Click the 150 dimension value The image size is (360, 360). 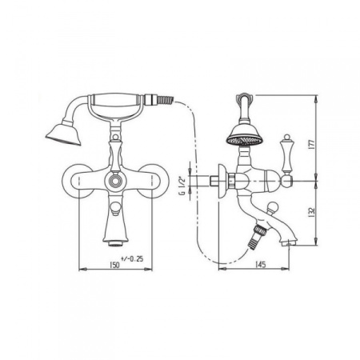114,265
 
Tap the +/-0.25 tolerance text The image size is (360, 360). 132,258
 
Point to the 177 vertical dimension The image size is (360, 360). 313,144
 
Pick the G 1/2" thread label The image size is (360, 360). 182,186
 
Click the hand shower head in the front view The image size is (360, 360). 64,134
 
